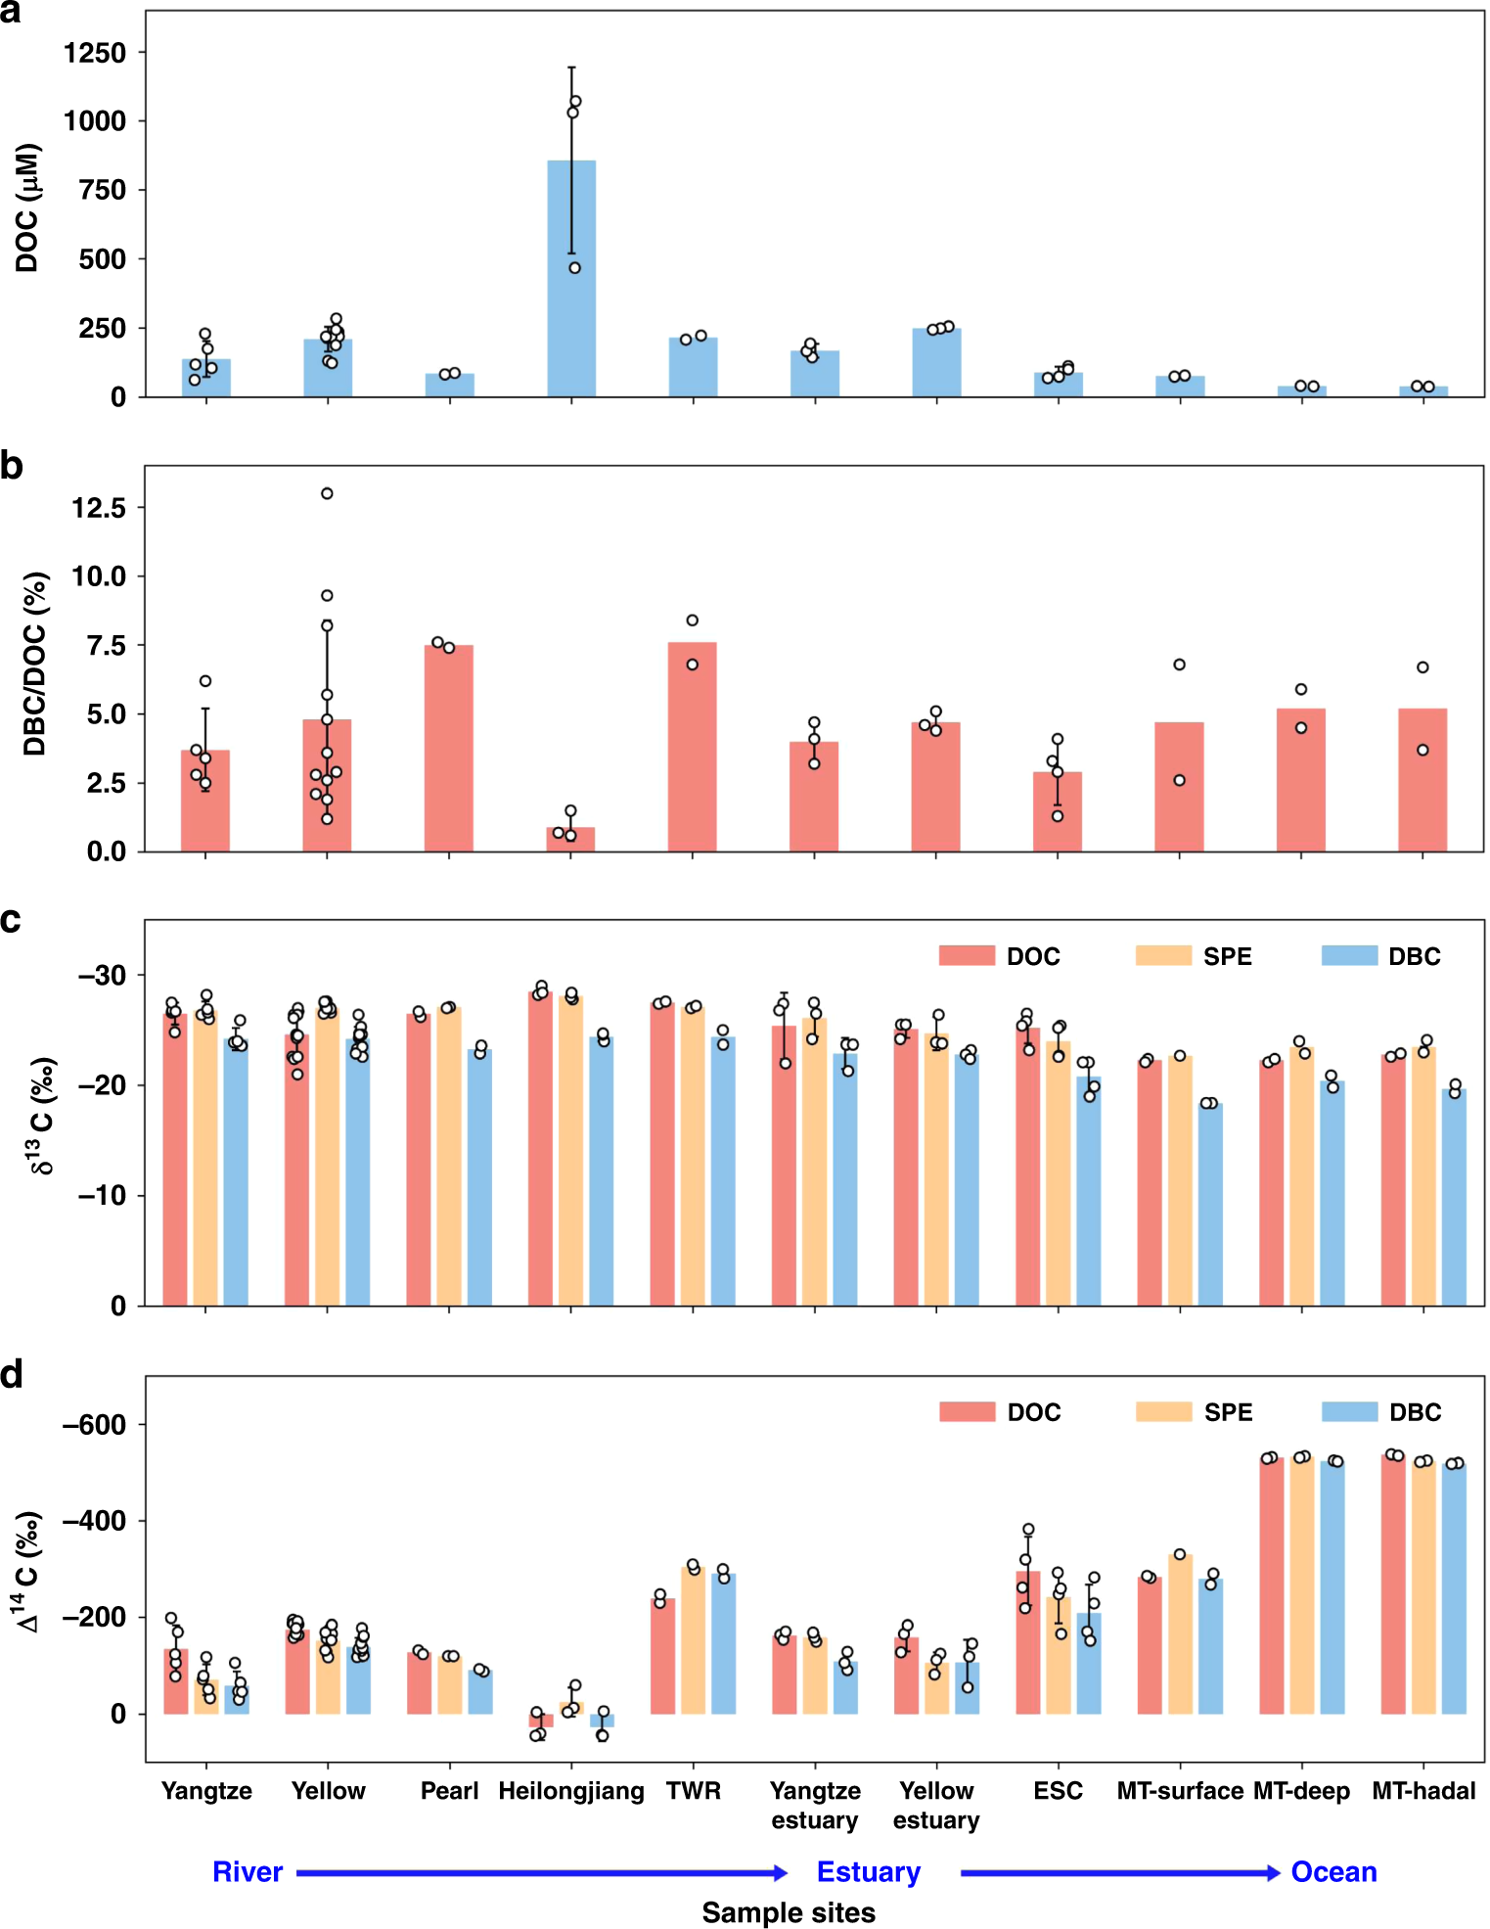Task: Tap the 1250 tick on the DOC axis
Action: coord(95,53)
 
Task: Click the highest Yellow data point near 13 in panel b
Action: coord(327,493)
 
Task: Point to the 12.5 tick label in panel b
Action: coord(99,508)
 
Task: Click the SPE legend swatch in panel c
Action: coord(1163,956)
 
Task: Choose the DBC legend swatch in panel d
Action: coord(1349,1411)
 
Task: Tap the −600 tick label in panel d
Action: coord(95,1425)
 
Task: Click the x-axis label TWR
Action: coord(693,1790)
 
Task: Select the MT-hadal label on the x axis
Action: coord(1422,1790)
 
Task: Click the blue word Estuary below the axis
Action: coord(868,1871)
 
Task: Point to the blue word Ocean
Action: coord(1333,1871)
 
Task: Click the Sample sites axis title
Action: coord(789,1911)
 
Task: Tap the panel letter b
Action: coord(12,466)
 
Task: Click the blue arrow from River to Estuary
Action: coord(543,1872)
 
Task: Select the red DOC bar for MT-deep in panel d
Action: coord(1271,1585)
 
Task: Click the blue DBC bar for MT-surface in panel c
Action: coord(1210,1204)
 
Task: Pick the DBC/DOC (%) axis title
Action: coord(35,664)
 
